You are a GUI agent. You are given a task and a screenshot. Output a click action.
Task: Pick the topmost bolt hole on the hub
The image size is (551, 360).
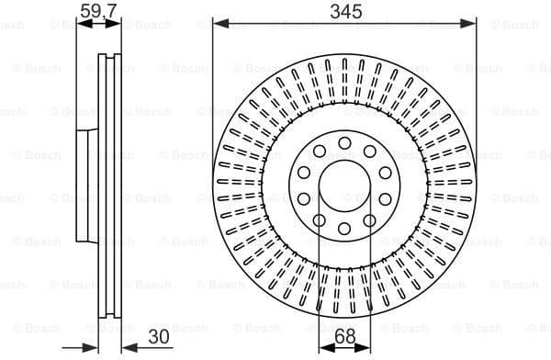[x=343, y=142]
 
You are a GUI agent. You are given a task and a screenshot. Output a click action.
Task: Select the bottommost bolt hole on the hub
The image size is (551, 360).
[x=343, y=228]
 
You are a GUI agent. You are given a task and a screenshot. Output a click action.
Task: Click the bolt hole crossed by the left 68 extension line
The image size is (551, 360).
[x=318, y=219]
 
